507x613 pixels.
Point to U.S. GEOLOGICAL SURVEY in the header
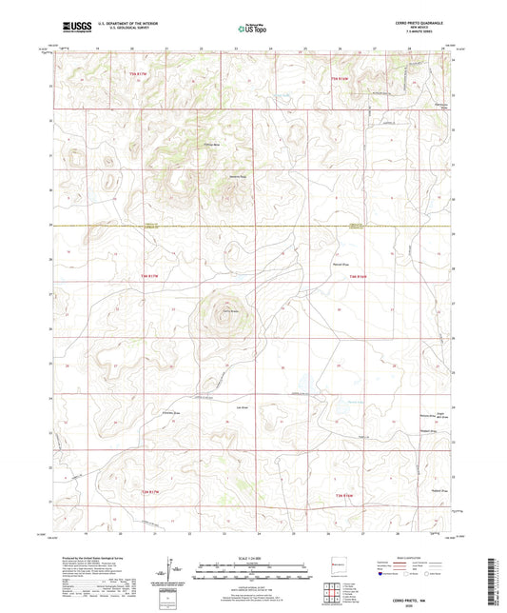115,31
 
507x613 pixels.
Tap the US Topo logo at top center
250,30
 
